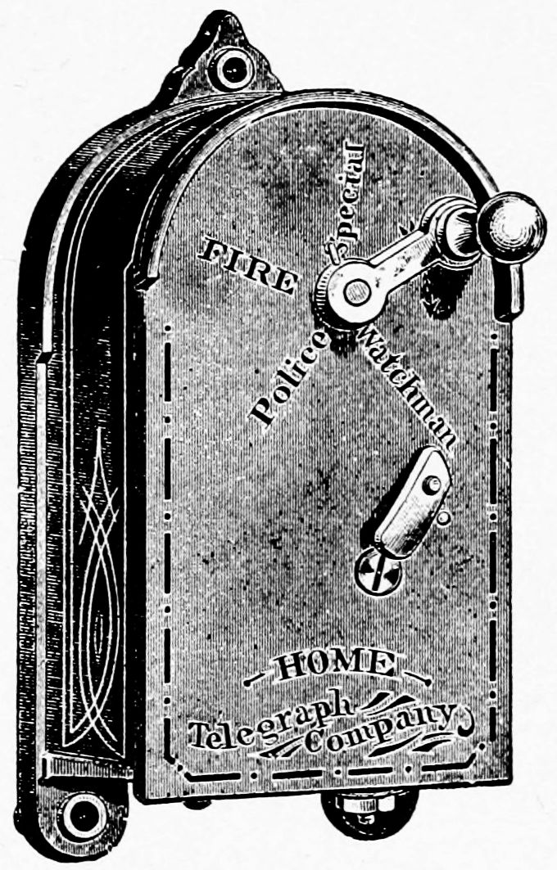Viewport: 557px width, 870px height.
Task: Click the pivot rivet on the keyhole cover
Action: tap(432, 485)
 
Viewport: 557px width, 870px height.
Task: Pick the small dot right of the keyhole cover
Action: tap(443, 518)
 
